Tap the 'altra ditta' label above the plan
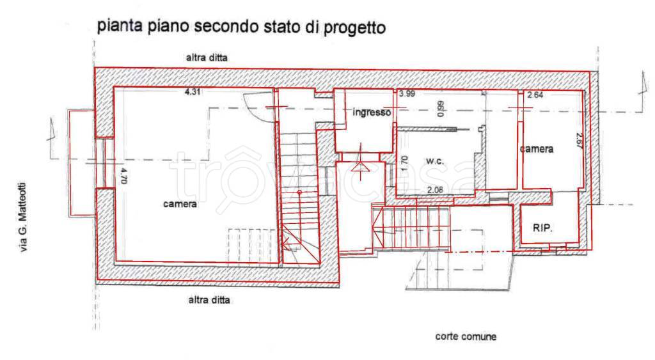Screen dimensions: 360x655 pyautogui.click(x=206, y=58)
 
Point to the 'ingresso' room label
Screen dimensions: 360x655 pyautogui.click(x=372, y=113)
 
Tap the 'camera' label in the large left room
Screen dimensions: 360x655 pyautogui.click(x=179, y=205)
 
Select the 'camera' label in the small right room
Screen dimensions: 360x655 pyautogui.click(x=536, y=149)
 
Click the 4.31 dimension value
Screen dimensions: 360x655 pyautogui.click(x=192, y=92)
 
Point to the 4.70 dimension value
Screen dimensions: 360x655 pyautogui.click(x=124, y=175)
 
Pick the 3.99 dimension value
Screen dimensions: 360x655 pyautogui.click(x=407, y=94)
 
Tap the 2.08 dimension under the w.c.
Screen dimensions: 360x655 pyautogui.click(x=435, y=189)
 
